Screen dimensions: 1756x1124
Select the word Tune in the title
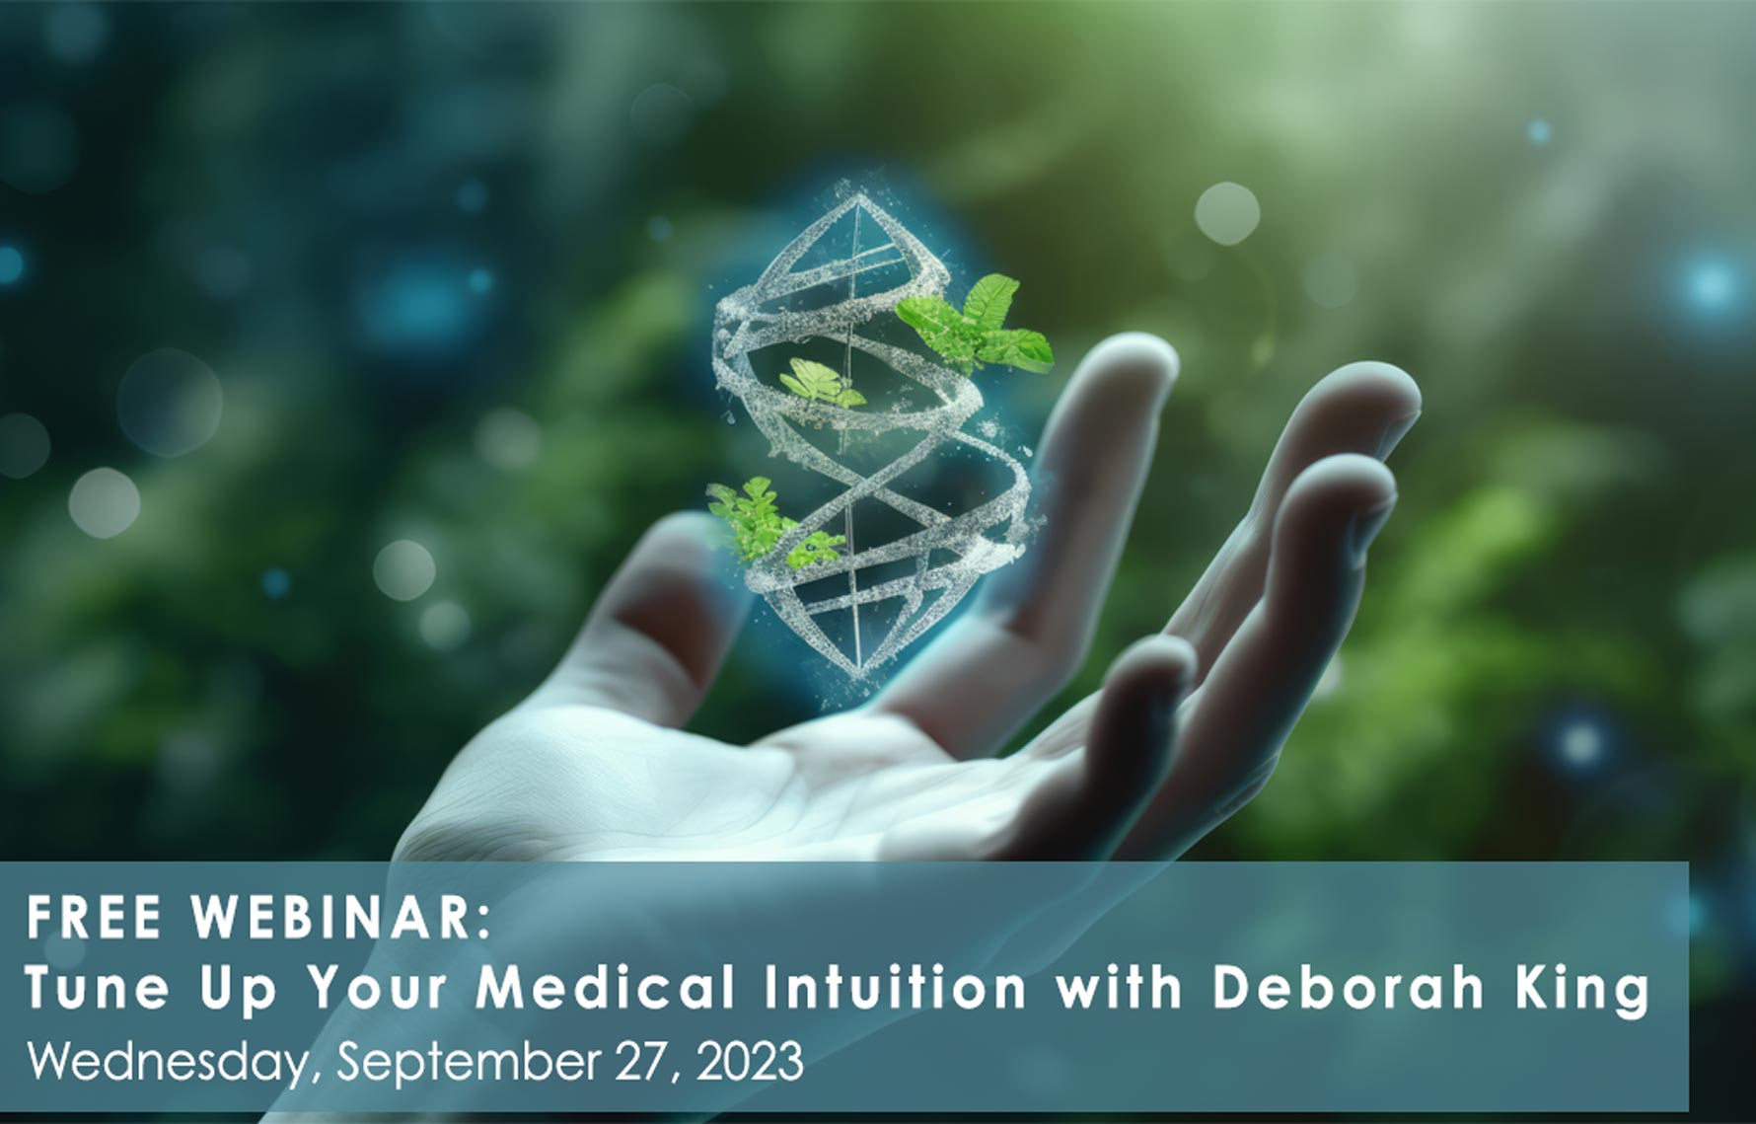pyautogui.click(x=97, y=987)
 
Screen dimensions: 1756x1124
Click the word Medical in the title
pyautogui.click(x=605, y=987)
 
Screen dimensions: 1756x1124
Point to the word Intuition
pyautogui.click(x=895, y=987)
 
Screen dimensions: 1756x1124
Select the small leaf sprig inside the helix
pyautogui.click(x=821, y=385)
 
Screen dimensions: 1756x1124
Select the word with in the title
pyautogui.click(x=1119, y=987)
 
